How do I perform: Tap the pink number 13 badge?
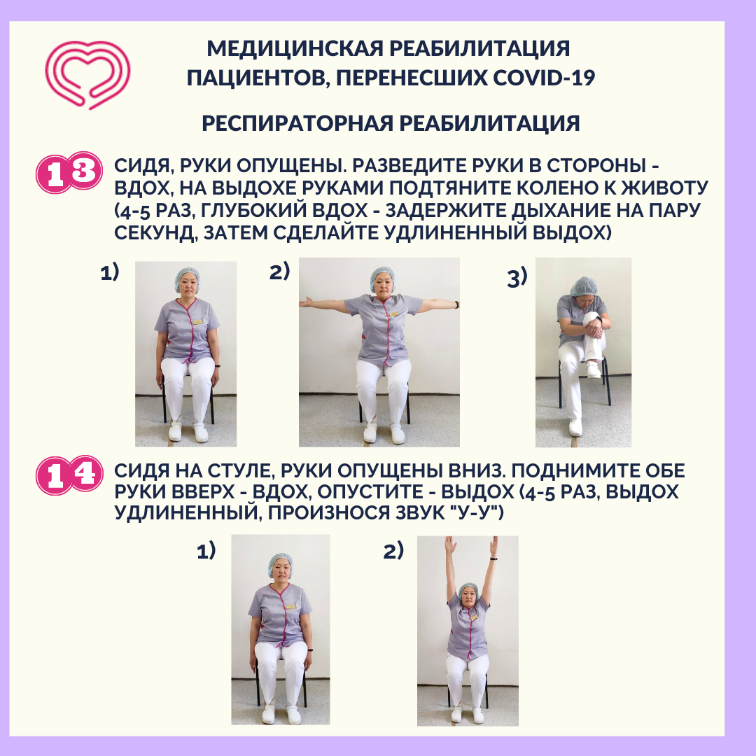click(x=69, y=173)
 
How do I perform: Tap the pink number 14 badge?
click(x=69, y=475)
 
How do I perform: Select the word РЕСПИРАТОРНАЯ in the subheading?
click(x=297, y=123)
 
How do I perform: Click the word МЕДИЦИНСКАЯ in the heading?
click(x=295, y=49)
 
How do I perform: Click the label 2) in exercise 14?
click(x=393, y=551)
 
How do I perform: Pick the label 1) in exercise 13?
click(x=109, y=272)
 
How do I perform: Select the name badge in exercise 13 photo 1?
click(x=197, y=321)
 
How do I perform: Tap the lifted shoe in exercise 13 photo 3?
click(x=594, y=370)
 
